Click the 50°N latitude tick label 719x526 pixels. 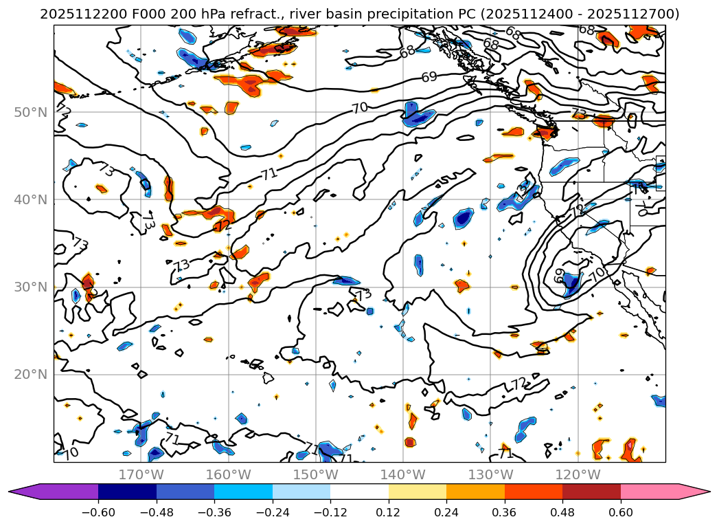(x=30, y=113)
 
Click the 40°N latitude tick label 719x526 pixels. (x=30, y=200)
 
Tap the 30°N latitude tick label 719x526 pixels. (x=30, y=287)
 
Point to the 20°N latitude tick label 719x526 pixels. (x=30, y=375)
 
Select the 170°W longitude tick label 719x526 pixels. (x=141, y=474)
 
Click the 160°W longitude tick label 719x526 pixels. (x=229, y=474)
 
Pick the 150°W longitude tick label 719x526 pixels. (x=316, y=474)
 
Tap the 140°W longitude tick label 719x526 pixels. (x=404, y=474)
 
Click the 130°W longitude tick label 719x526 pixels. (x=491, y=474)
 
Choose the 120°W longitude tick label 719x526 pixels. (x=578, y=474)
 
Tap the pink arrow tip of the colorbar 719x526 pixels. (x=703, y=492)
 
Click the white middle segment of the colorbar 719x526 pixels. (x=359, y=492)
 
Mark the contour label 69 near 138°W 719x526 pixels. (x=429, y=77)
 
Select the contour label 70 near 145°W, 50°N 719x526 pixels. (x=360, y=108)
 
